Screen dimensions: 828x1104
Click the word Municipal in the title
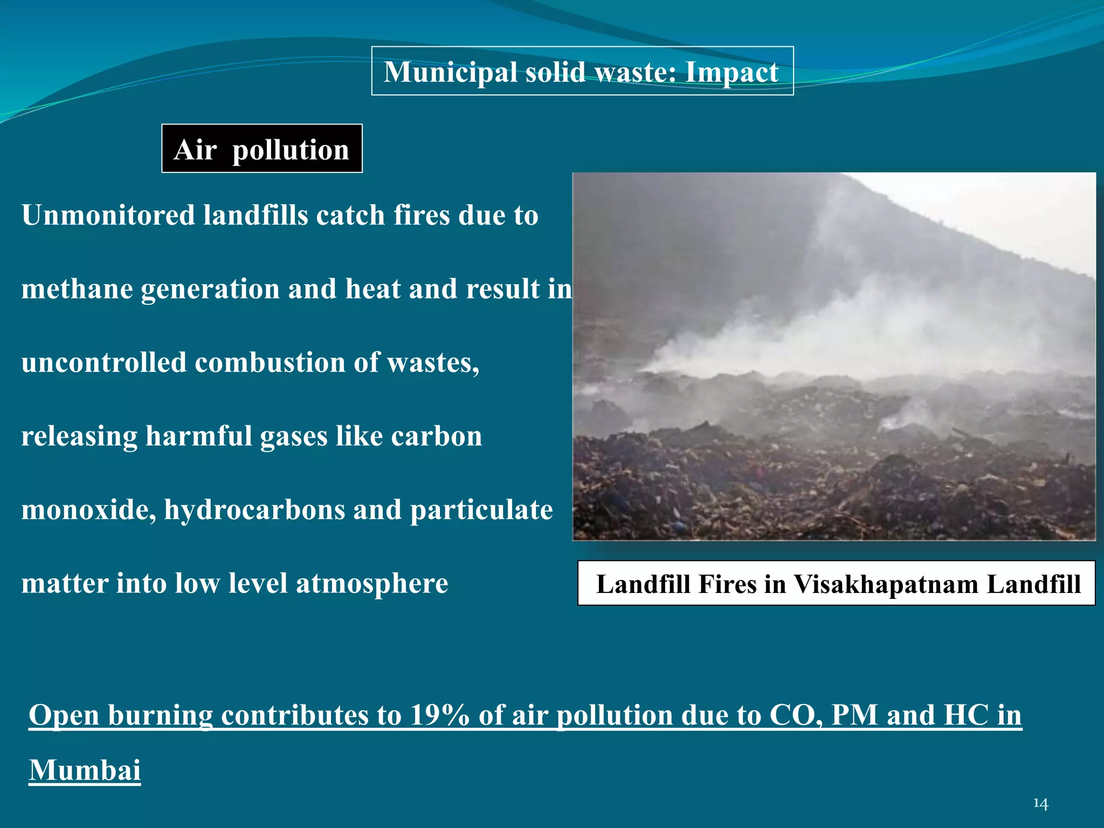point(450,72)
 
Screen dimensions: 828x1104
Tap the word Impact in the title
point(732,72)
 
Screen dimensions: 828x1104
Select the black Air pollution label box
point(262,149)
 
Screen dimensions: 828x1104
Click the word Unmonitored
point(108,216)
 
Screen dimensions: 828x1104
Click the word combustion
point(270,362)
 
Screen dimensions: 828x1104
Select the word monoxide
point(88,510)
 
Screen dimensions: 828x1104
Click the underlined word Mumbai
point(85,770)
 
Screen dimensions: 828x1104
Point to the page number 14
point(1040,804)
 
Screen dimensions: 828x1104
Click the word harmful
point(199,436)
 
